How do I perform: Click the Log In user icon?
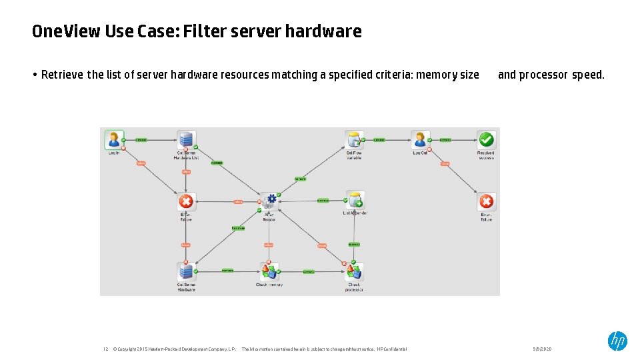pos(114,139)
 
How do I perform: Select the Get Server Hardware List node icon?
pos(186,140)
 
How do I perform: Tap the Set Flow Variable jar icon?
pos(354,139)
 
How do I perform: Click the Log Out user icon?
pos(420,139)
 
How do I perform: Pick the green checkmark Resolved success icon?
pos(487,139)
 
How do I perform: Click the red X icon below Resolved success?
pos(487,201)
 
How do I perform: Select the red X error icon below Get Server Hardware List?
pos(186,201)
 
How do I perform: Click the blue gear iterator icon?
pos(269,202)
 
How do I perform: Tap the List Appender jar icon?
pos(355,200)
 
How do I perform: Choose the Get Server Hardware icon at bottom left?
pos(186,271)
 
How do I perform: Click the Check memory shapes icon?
pos(269,271)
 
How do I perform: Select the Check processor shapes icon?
pos(353,271)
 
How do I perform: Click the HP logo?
pos(617,341)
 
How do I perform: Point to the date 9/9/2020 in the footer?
pos(542,349)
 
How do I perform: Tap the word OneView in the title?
pos(66,31)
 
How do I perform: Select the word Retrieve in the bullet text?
pos(63,75)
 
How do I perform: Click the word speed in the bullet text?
pos(588,75)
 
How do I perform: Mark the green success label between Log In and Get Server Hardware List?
pos(141,140)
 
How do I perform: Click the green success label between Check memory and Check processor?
pos(309,271)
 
